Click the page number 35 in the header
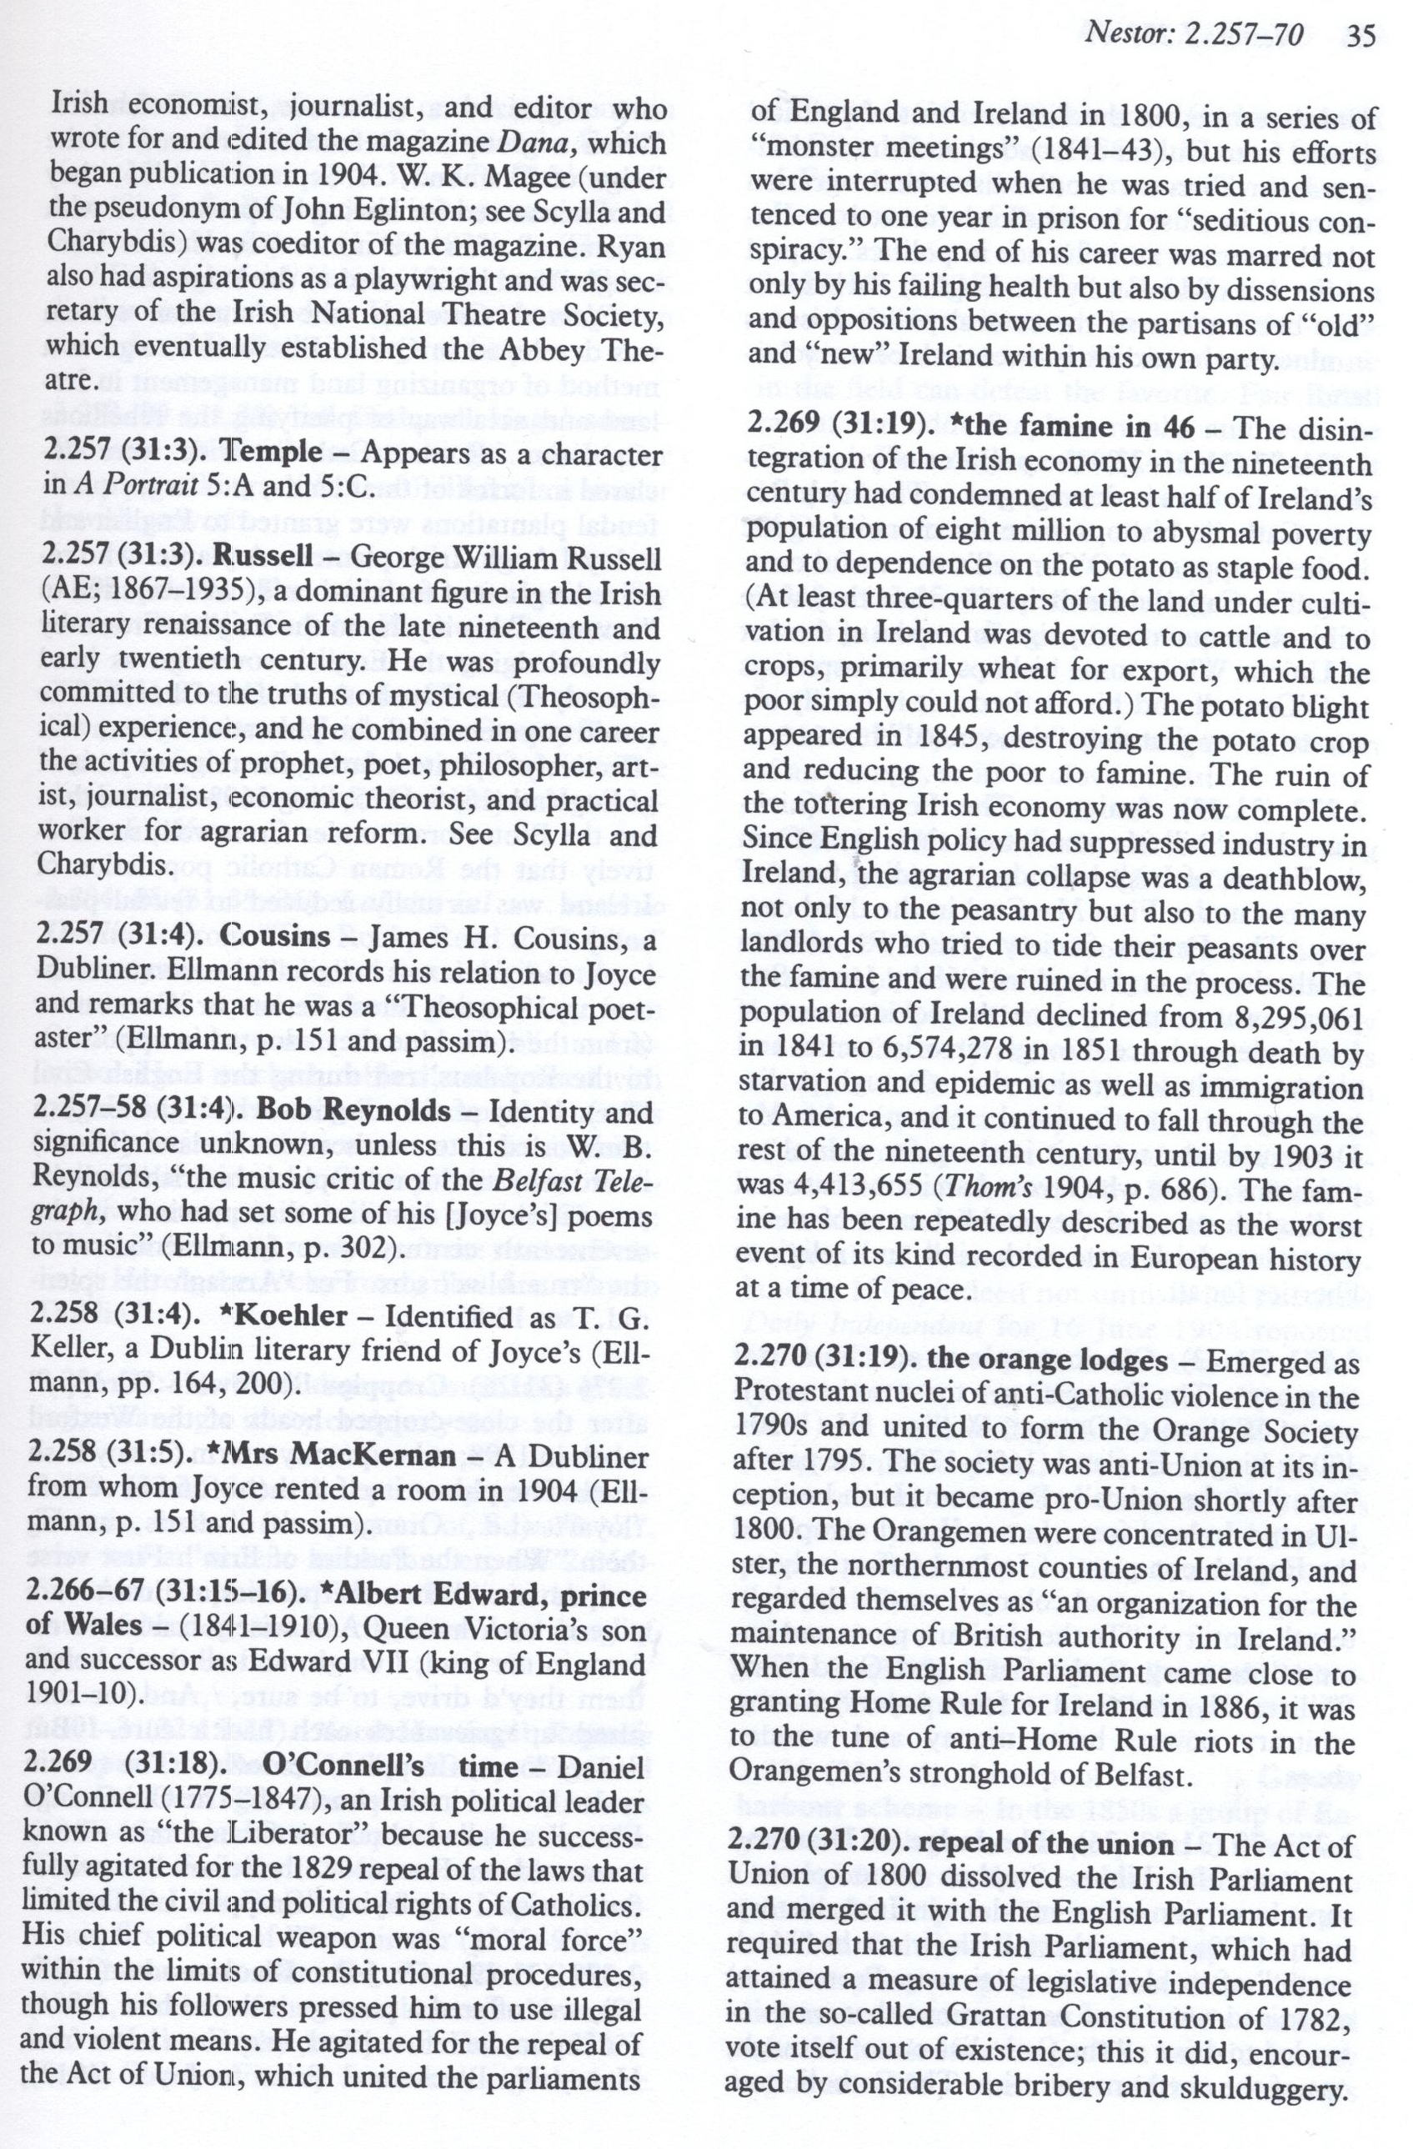tap(1359, 38)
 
